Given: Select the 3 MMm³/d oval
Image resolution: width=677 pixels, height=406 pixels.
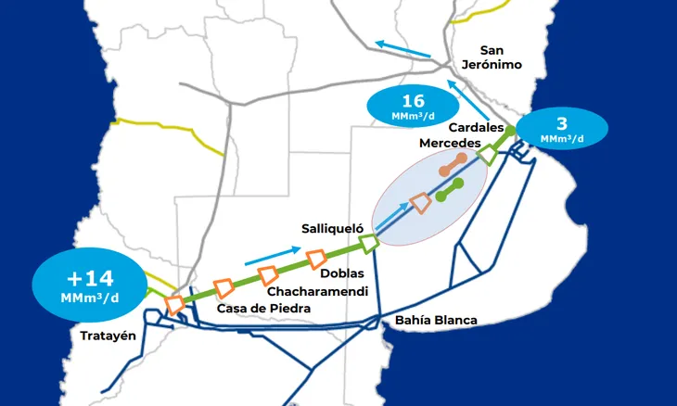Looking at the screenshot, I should pos(562,129).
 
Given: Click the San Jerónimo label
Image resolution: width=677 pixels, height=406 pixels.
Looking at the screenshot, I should pos(492,57).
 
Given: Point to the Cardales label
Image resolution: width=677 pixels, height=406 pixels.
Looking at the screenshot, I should pos(476,127).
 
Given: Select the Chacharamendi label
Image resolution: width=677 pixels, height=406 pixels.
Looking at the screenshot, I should pos(318,291).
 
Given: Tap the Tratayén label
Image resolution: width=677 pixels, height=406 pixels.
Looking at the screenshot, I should pos(109,336).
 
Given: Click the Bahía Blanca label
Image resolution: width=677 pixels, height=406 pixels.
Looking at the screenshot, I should pos(436,321).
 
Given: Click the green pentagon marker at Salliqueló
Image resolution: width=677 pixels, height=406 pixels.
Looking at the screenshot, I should pos(369,244).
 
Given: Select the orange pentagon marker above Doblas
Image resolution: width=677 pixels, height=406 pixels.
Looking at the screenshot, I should pos(315,259).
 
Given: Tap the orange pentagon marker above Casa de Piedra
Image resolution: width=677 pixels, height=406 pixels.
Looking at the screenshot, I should pos(224,287).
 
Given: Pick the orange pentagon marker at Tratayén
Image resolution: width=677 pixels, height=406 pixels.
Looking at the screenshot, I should pos(173,304).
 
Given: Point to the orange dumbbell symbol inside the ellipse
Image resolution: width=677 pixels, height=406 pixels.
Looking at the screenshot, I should pos(453,165).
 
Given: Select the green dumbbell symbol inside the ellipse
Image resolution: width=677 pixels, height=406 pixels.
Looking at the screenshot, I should pos(450,190).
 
